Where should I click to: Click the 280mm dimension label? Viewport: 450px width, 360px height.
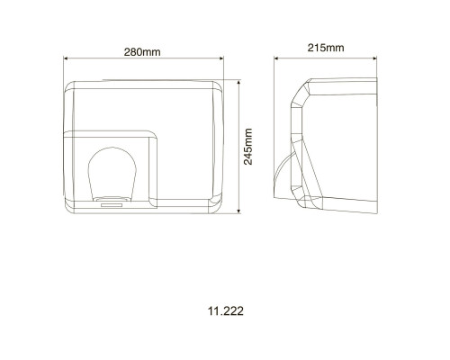pyautogui.click(x=142, y=52)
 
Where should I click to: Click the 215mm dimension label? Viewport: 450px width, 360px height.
pyautogui.click(x=326, y=48)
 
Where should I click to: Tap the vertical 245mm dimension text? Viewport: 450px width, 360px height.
pyautogui.click(x=248, y=147)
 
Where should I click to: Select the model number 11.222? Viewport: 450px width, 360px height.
pyautogui.click(x=226, y=311)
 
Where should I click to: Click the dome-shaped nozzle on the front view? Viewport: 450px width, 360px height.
pyautogui.click(x=112, y=174)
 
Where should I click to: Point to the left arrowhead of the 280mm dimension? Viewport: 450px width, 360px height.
pyautogui.click(x=66, y=58)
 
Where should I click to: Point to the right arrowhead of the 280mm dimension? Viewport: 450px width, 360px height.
pyautogui.click(x=221, y=58)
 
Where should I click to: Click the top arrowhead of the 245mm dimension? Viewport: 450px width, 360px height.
pyautogui.click(x=238, y=83)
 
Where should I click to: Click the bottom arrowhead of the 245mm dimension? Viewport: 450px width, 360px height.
pyautogui.click(x=238, y=211)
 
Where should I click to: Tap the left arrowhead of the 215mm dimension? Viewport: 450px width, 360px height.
pyautogui.click(x=277, y=58)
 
